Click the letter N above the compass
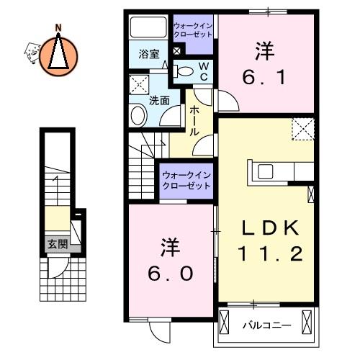(x=58, y=28)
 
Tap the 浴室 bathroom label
(x=149, y=54)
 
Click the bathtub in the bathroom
(x=148, y=27)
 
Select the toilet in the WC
(x=184, y=71)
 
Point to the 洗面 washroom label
(x=159, y=101)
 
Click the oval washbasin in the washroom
(x=138, y=116)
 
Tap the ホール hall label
(x=194, y=121)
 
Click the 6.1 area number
(x=264, y=77)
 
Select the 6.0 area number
(x=170, y=274)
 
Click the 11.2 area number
(x=270, y=254)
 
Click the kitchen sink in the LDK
(x=265, y=171)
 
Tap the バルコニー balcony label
(x=267, y=325)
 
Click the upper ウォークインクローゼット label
(x=193, y=30)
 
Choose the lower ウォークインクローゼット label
(x=186, y=181)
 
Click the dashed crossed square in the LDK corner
(x=303, y=129)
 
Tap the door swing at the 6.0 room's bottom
(x=159, y=331)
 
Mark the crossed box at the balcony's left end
(x=225, y=322)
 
